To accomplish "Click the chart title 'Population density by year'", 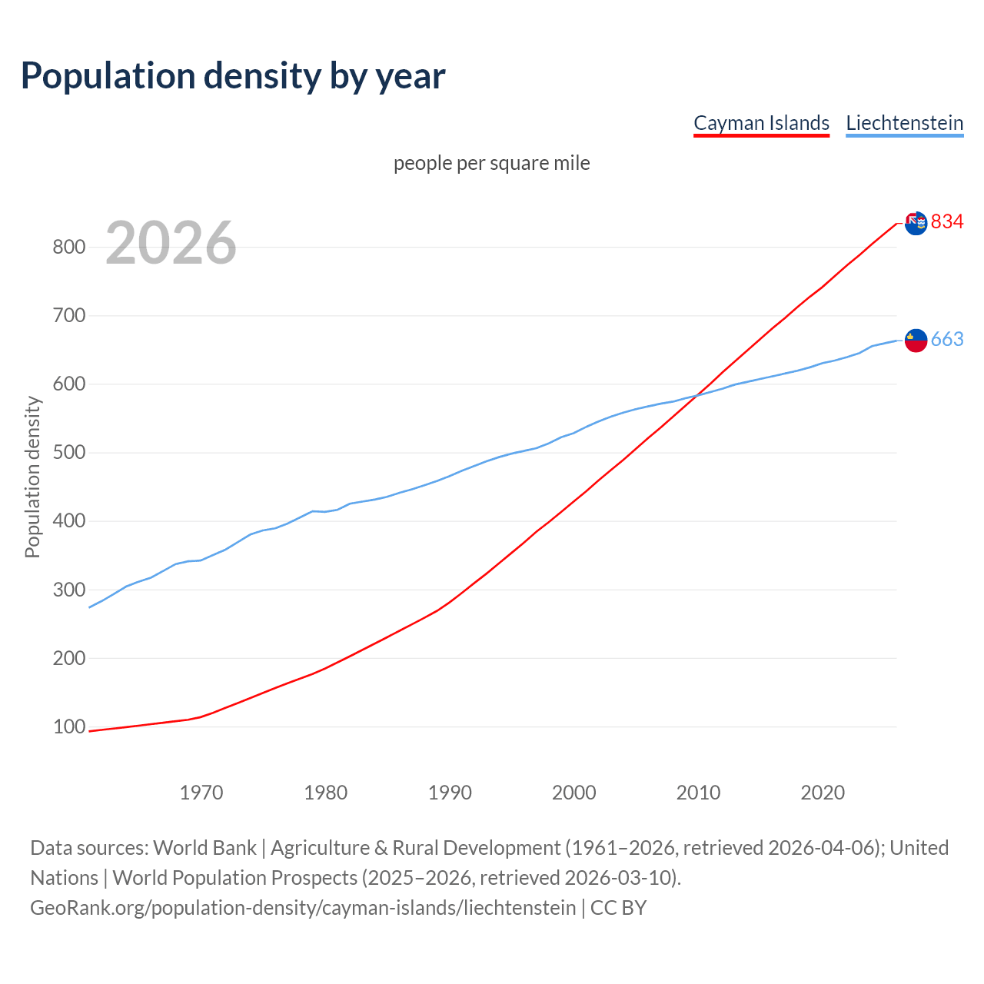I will pyautogui.click(x=233, y=75).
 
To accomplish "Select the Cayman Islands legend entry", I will pyautogui.click(x=761, y=123).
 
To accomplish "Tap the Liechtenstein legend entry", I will pyautogui.click(x=904, y=123).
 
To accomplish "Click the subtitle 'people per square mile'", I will pyautogui.click(x=492, y=163).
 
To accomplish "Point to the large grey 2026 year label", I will pyautogui.click(x=171, y=243).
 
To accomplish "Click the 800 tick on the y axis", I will pyautogui.click(x=68, y=247).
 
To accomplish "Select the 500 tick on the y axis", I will pyautogui.click(x=68, y=453).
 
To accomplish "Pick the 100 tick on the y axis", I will pyautogui.click(x=68, y=726).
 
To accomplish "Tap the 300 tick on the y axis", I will pyautogui.click(x=68, y=590).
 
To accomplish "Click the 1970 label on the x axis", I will pyautogui.click(x=201, y=793).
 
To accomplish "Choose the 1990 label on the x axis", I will pyautogui.click(x=450, y=793).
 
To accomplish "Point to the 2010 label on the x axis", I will pyautogui.click(x=698, y=793).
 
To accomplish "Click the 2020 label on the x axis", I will pyautogui.click(x=823, y=793).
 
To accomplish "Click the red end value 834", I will pyautogui.click(x=947, y=221).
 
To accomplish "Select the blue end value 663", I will pyautogui.click(x=947, y=339).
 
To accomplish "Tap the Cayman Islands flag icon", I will pyautogui.click(x=916, y=223).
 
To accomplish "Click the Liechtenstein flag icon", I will pyautogui.click(x=916, y=340).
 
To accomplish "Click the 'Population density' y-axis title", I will pyautogui.click(x=32, y=477).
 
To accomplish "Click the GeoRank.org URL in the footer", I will pyautogui.click(x=303, y=907).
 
